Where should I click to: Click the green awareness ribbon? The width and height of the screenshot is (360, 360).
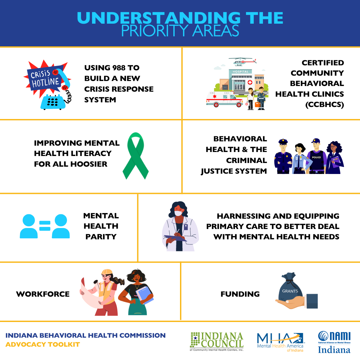pyautogui.click(x=135, y=156)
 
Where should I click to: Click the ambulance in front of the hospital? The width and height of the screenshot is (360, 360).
pyautogui.click(x=224, y=99)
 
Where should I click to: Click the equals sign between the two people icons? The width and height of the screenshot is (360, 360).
pyautogui.click(x=45, y=226)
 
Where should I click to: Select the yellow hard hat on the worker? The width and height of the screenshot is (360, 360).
pyautogui.click(x=107, y=272)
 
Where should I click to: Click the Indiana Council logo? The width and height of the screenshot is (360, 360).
pyautogui.click(x=217, y=341)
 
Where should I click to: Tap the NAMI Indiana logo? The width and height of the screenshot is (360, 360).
pyautogui.click(x=334, y=342)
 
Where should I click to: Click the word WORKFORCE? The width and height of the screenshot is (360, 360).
pyautogui.click(x=43, y=294)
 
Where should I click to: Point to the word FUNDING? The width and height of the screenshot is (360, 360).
pyautogui.click(x=240, y=294)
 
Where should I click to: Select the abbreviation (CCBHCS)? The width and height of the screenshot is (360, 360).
pyautogui.click(x=325, y=105)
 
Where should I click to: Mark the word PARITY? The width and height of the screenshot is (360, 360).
pyautogui.click(x=101, y=237)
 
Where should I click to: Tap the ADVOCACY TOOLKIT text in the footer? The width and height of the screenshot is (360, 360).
pyautogui.click(x=43, y=345)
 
